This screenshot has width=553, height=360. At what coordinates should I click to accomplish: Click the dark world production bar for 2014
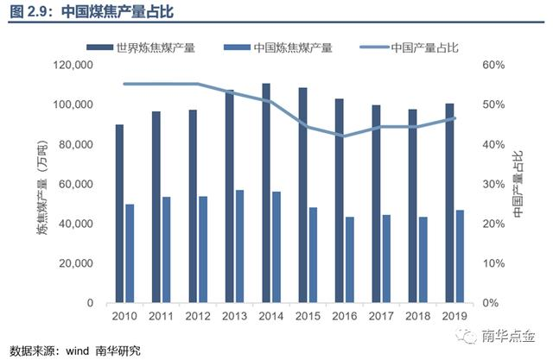click(x=266, y=193)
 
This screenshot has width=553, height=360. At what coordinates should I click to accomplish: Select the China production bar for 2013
click(x=239, y=247)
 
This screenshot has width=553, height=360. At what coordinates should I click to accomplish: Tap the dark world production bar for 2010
click(x=119, y=214)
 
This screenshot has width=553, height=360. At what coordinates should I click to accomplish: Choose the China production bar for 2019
click(x=460, y=256)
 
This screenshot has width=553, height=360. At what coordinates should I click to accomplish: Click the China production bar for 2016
click(x=349, y=260)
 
